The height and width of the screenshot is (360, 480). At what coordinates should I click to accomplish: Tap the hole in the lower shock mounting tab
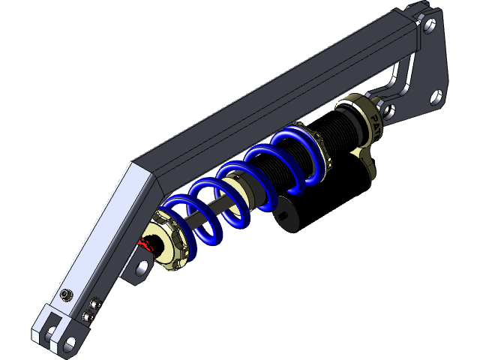pyautogui.click(x=141, y=268)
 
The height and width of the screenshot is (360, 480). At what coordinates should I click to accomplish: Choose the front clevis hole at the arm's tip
pyautogui.click(x=70, y=346)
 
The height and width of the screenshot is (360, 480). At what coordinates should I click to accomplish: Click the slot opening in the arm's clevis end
pyautogui.click(x=50, y=329)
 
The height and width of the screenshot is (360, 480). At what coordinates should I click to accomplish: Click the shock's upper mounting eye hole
pyautogui.click(x=388, y=112)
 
